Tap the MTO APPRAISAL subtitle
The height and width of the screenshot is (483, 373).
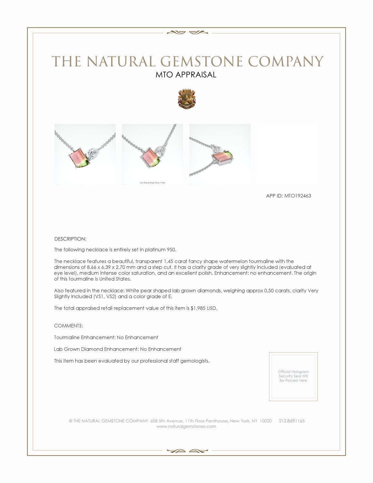[186, 75]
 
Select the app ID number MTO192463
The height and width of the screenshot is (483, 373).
[297, 196]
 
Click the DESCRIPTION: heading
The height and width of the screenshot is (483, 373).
[70, 239]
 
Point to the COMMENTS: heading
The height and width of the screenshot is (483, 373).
[69, 326]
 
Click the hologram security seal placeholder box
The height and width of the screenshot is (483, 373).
[293, 376]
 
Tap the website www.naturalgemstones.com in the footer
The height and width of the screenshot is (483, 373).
[186, 427]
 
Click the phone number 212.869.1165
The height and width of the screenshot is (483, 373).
[292, 421]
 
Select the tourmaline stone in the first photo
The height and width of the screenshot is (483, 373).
[78, 156]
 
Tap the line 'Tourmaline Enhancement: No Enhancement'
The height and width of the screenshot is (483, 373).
[106, 337]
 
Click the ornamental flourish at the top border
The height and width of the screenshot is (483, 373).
[186, 32]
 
